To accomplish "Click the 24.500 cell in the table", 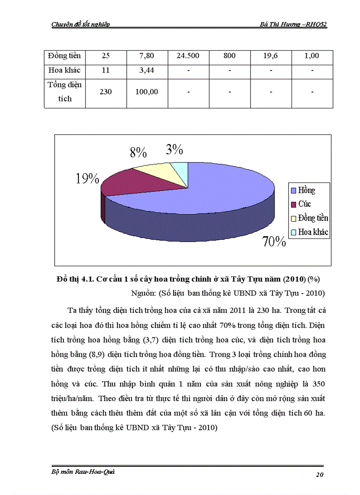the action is pyautogui.click(x=188, y=56).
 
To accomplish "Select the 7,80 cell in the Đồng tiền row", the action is pyautogui.click(x=147, y=56).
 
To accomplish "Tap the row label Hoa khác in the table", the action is pyautogui.click(x=65, y=70).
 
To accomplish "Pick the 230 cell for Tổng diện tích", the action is pyautogui.click(x=106, y=92).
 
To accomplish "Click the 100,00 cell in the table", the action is pyautogui.click(x=147, y=92).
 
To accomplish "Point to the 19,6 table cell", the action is pyautogui.click(x=271, y=56).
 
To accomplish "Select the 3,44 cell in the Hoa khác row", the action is pyautogui.click(x=147, y=70).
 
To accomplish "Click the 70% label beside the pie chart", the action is pyautogui.click(x=274, y=242).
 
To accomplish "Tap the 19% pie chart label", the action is pyautogui.click(x=87, y=179).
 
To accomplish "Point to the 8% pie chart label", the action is pyautogui.click(x=138, y=153).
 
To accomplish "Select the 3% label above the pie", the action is pyautogui.click(x=175, y=150).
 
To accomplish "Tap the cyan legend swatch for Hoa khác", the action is pyautogui.click(x=293, y=232).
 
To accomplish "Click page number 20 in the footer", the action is pyautogui.click(x=320, y=474).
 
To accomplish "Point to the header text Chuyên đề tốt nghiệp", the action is pyautogui.click(x=81, y=24).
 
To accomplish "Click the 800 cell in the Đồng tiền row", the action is pyautogui.click(x=229, y=56).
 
